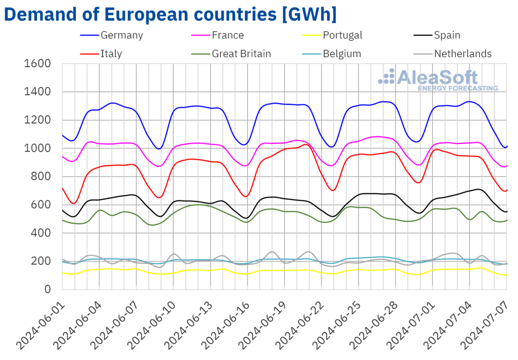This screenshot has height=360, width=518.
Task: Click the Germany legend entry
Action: [121, 35]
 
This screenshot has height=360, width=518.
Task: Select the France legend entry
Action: [228, 35]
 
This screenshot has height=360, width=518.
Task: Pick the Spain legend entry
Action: [446, 35]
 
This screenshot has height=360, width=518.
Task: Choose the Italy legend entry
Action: [111, 54]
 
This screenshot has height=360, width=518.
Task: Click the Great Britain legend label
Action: [241, 54]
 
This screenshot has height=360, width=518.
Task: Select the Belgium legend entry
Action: [342, 54]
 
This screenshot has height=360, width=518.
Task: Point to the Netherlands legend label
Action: [461, 54]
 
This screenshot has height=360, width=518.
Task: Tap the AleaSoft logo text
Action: [437, 77]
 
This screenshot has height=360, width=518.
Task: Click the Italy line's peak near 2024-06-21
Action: [306, 145]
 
